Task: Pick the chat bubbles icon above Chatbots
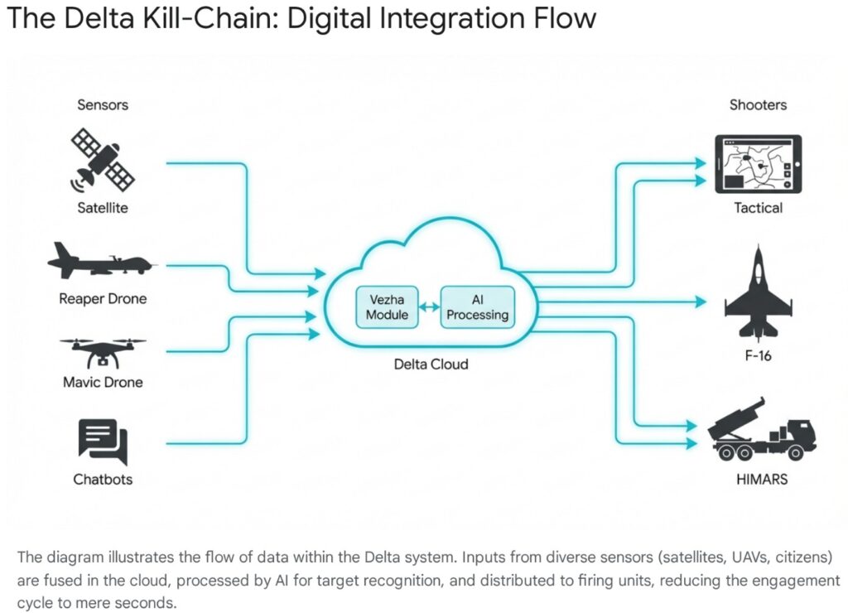(103, 442)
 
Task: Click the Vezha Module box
(388, 306)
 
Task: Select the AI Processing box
(477, 306)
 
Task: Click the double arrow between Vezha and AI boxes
(431, 306)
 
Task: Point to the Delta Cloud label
(431, 364)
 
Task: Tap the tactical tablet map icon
(759, 163)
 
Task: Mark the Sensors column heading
(103, 105)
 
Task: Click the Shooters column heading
(758, 105)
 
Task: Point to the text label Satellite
(103, 208)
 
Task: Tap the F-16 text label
(759, 357)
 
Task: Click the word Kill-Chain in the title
(212, 18)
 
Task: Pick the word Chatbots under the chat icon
(103, 480)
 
